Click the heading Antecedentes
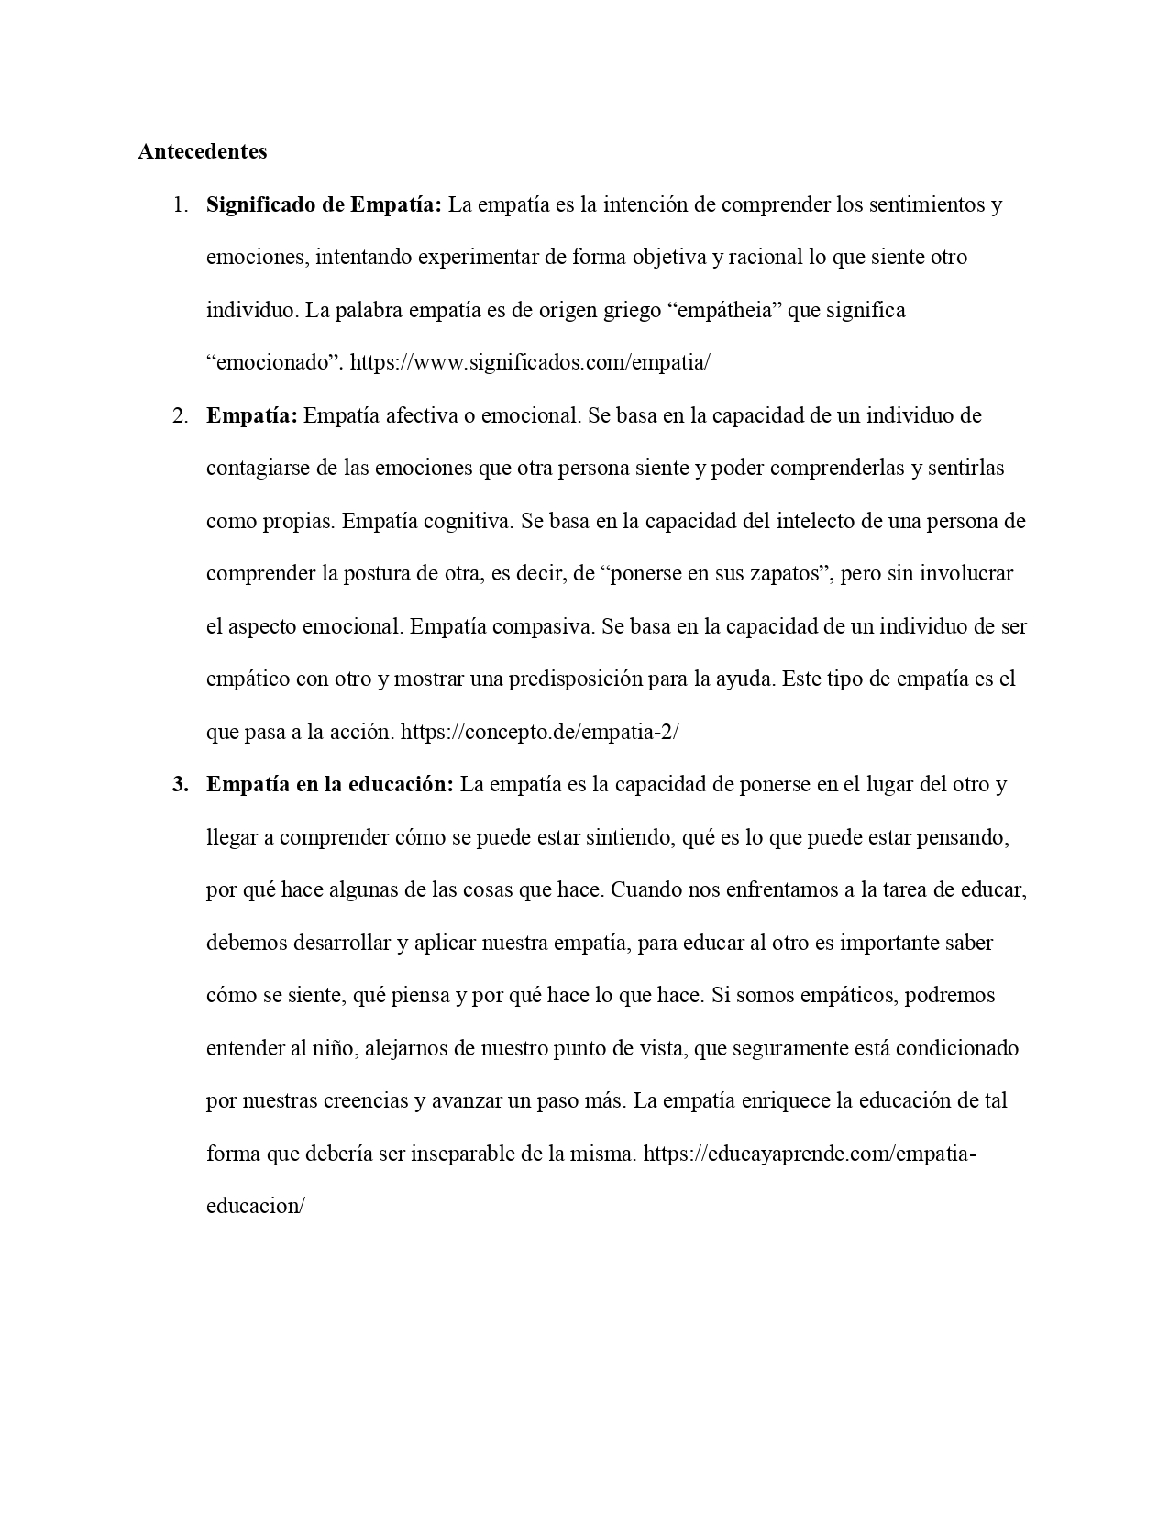(202, 151)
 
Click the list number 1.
(180, 204)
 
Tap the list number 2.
(180, 415)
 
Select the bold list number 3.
(180, 785)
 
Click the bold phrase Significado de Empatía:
(324, 204)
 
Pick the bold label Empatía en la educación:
(330, 785)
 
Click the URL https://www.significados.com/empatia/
(530, 362)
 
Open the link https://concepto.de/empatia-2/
(540, 733)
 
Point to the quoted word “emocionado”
(275, 362)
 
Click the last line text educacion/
(255, 1206)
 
